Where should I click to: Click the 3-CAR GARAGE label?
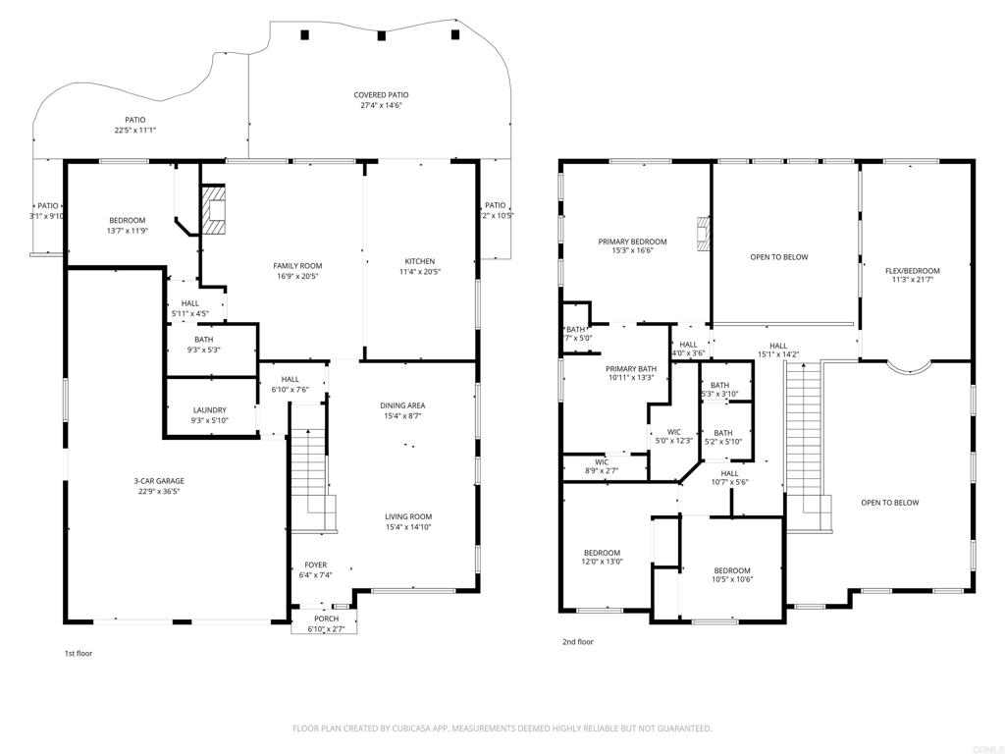(159, 481)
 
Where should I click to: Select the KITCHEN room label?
(419, 261)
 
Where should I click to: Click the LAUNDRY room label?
(209, 410)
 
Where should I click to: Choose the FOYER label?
(315, 565)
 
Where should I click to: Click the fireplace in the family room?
(213, 210)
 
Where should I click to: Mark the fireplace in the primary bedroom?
(701, 235)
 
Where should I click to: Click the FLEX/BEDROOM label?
(912, 271)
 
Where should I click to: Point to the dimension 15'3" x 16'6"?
(632, 251)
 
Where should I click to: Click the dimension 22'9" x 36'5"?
(159, 491)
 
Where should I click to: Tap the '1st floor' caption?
(79, 653)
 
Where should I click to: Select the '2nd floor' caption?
(577, 642)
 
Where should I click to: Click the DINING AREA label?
(404, 405)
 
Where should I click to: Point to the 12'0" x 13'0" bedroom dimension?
(602, 562)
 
